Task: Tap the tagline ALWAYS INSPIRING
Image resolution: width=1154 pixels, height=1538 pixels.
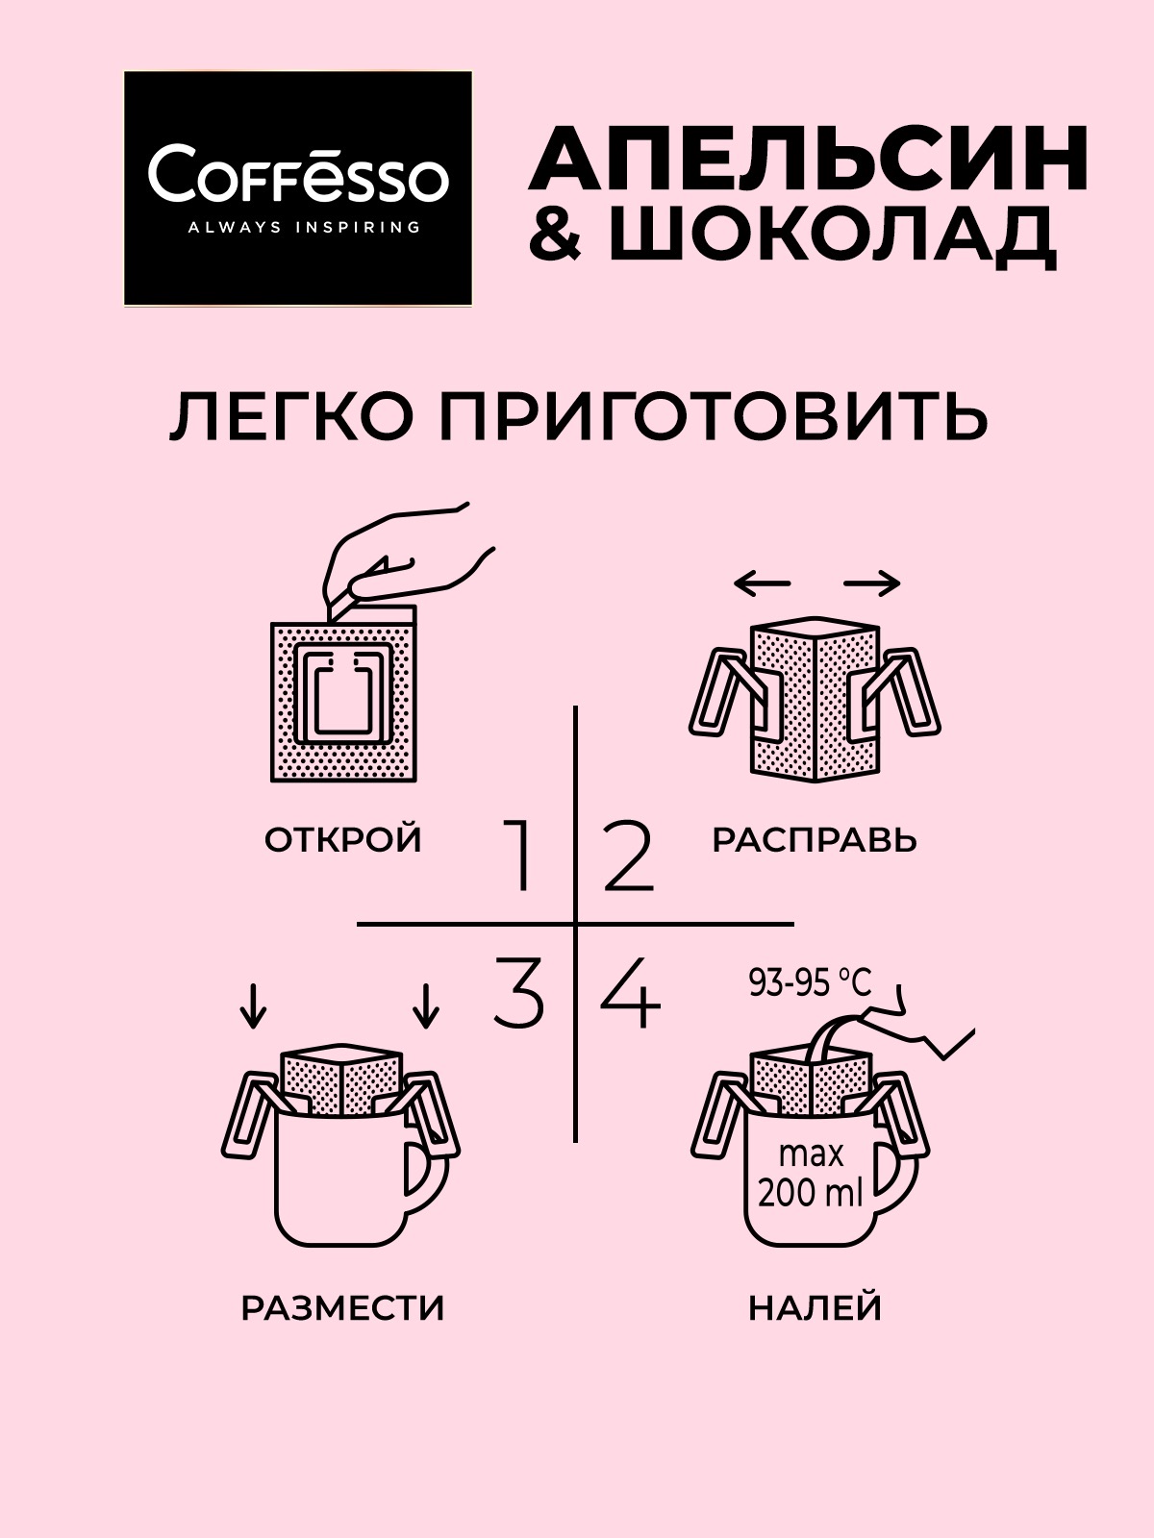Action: pos(297,228)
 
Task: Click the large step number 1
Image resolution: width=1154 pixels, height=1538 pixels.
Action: pos(520,856)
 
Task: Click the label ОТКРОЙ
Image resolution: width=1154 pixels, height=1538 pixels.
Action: pos(343,840)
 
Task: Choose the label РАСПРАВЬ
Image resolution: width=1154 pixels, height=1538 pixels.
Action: pos(815,840)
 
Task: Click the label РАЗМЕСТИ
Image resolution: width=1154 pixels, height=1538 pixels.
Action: pos(343,1308)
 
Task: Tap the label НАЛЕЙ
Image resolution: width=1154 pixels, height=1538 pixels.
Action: pos(815,1308)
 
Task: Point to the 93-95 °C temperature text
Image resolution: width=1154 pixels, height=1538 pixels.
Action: pos(810,982)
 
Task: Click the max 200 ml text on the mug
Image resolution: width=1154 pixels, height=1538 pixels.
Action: pos(811,1173)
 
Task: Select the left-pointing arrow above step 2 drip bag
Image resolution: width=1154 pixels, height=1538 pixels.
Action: pos(761,583)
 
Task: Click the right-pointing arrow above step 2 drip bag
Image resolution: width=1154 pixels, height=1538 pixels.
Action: pos(872,583)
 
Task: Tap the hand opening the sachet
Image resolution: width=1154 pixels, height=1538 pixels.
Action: pos(404,558)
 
